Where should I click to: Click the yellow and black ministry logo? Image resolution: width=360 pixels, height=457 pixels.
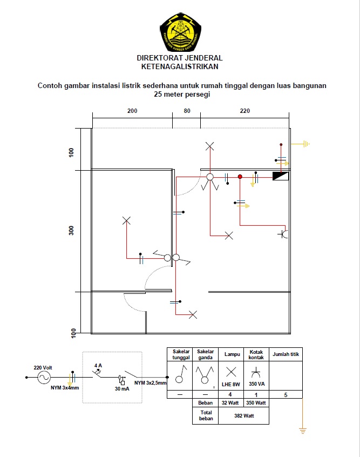(x=181, y=32)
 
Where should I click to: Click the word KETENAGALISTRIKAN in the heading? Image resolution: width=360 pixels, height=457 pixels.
(x=180, y=67)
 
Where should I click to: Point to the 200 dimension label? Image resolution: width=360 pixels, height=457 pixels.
(x=132, y=111)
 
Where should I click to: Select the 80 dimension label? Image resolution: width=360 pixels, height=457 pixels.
(x=187, y=111)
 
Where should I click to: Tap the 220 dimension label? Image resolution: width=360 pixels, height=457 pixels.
(x=245, y=111)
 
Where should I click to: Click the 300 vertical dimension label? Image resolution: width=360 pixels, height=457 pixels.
(x=71, y=231)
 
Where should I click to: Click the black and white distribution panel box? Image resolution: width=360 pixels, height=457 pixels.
(x=281, y=176)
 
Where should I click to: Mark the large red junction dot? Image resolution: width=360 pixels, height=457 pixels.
(x=240, y=177)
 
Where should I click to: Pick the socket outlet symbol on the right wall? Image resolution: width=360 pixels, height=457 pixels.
(x=283, y=234)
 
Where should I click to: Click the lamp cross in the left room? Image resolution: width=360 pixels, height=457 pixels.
(x=126, y=220)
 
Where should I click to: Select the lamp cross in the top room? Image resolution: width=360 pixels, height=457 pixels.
(x=210, y=146)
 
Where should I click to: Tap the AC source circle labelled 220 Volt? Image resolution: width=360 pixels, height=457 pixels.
(x=44, y=378)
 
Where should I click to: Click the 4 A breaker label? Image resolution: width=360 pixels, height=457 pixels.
(x=98, y=366)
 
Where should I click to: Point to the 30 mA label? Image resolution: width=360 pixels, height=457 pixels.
(x=122, y=389)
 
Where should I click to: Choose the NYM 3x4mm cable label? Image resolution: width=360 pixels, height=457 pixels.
(x=65, y=388)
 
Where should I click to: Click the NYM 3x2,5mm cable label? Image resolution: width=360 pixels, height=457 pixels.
(x=150, y=382)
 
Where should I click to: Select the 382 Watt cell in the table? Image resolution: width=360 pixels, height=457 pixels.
(x=244, y=415)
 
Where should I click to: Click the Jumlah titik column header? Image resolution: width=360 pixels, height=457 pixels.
(x=286, y=354)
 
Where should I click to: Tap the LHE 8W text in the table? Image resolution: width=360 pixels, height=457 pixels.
(x=231, y=385)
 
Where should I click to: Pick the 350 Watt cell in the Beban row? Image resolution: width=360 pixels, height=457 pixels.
(x=256, y=403)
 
